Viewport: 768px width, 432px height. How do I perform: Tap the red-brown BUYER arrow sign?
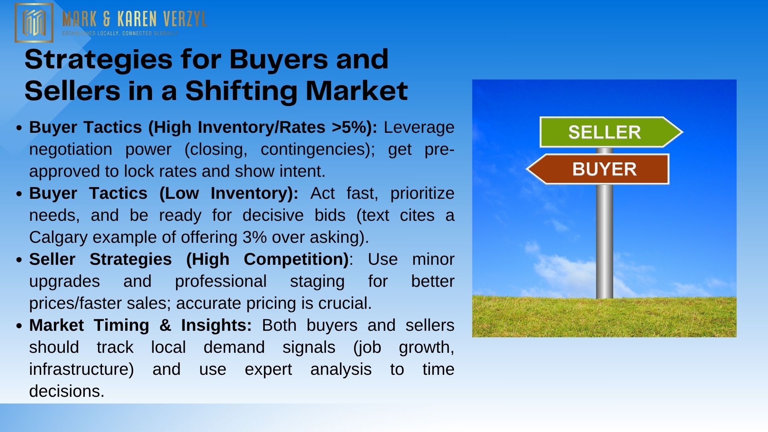(x=598, y=169)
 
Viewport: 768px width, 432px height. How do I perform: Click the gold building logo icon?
(x=34, y=22)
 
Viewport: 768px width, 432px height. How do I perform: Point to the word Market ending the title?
(x=357, y=91)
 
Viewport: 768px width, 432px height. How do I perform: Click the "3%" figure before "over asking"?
(x=254, y=238)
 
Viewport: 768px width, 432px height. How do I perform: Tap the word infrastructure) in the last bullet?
(x=82, y=369)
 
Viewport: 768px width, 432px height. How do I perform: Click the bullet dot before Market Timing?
(x=19, y=326)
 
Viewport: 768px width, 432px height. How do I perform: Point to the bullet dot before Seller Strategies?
(x=19, y=260)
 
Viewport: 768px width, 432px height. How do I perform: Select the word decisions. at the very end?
(x=67, y=391)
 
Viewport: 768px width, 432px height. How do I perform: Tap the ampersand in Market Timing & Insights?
(x=165, y=325)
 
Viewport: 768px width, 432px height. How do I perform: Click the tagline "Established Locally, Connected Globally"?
(x=120, y=33)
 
